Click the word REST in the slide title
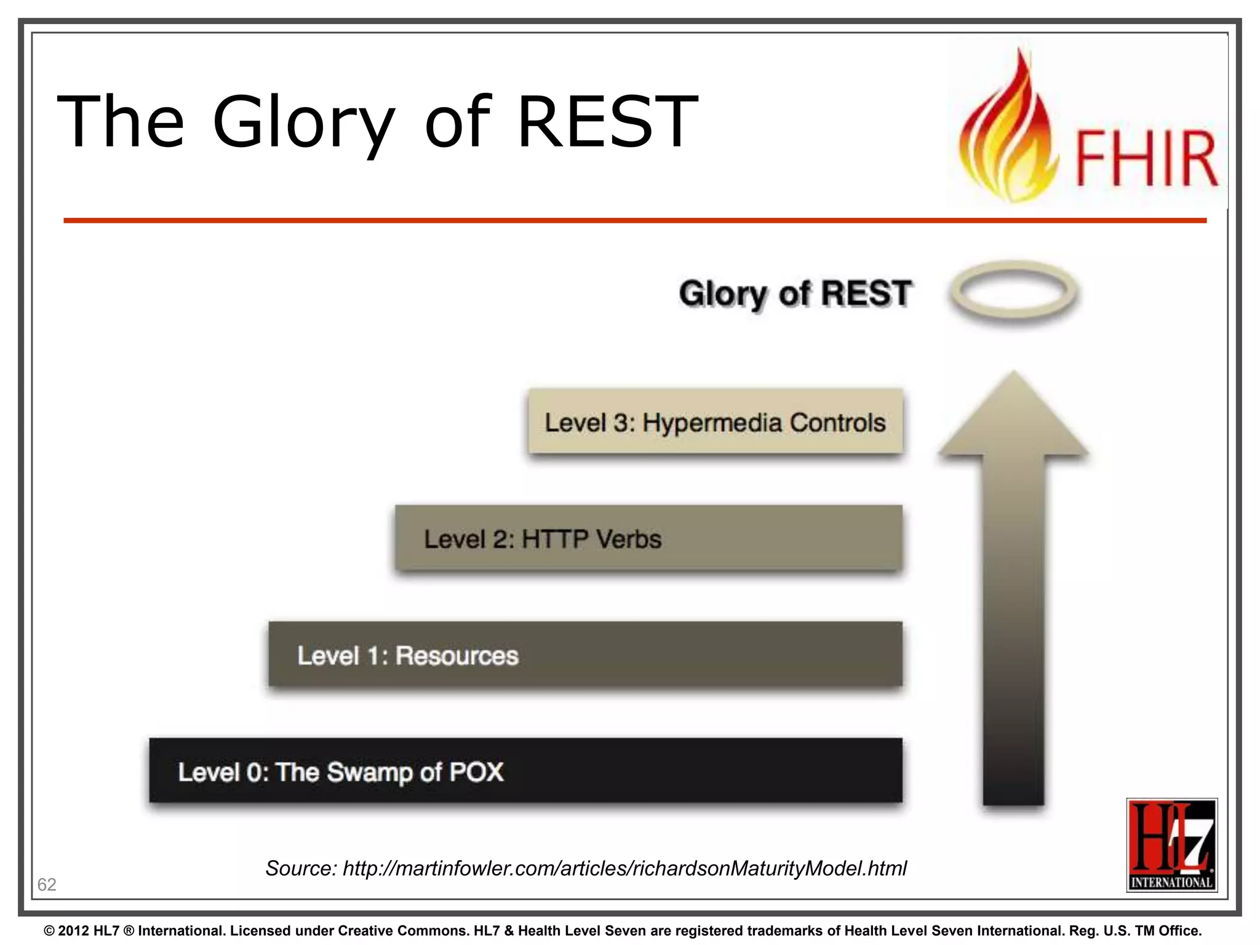pyautogui.click(x=607, y=121)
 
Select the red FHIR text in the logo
pyautogui.click(x=1146, y=158)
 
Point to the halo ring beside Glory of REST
pyautogui.click(x=1013, y=291)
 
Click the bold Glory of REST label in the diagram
pyautogui.click(x=795, y=293)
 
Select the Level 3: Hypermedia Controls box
pyautogui.click(x=715, y=422)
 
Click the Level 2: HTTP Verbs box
pyautogui.click(x=648, y=539)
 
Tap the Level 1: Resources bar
pyautogui.click(x=585, y=655)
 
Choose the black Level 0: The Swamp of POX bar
pyautogui.click(x=525, y=771)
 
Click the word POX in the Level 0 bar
pyautogui.click(x=476, y=772)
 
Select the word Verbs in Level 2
pyautogui.click(x=629, y=540)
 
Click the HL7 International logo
pyautogui.click(x=1171, y=845)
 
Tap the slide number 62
pyautogui.click(x=47, y=884)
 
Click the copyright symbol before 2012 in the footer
pyautogui.click(x=49, y=931)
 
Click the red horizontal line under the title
pyautogui.click(x=634, y=220)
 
